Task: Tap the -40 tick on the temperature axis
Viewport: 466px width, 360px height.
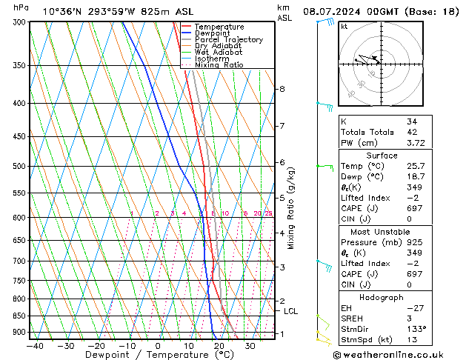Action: pyautogui.click(x=34, y=345)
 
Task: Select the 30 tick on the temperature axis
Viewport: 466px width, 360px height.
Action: pyautogui.click(x=250, y=345)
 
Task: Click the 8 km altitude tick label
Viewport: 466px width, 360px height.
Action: pyautogui.click(x=282, y=89)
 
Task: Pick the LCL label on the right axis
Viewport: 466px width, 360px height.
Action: pyautogui.click(x=290, y=311)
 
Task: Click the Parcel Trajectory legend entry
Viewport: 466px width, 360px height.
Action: pyautogui.click(x=228, y=40)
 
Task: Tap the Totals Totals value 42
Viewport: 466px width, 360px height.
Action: pyautogui.click(x=412, y=132)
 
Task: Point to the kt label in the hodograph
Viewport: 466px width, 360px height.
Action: pyautogui.click(x=344, y=26)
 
